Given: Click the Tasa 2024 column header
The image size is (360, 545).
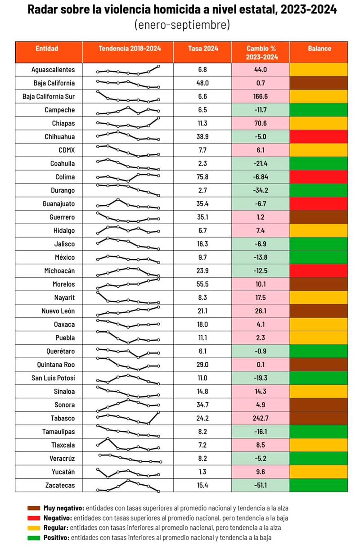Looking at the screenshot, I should [x=202, y=49].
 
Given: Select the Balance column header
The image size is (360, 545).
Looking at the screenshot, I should [x=319, y=49].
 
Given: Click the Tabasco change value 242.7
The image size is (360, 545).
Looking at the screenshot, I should [x=260, y=418].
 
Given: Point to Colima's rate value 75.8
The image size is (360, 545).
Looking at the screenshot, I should [x=202, y=177].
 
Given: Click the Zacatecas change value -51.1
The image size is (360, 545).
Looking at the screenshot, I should [x=260, y=485].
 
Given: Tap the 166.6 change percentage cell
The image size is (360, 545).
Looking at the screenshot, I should [x=260, y=96].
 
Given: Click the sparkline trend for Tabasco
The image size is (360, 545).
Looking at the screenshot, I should [x=128, y=417].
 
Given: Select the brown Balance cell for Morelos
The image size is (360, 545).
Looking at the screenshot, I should [x=319, y=284].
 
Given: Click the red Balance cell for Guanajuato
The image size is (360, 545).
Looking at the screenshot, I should [x=319, y=204].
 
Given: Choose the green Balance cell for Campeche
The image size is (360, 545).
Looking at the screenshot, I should [x=319, y=110].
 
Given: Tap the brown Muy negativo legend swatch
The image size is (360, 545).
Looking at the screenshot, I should [x=33, y=508].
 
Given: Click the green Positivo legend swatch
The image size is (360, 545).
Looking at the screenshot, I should [x=33, y=537].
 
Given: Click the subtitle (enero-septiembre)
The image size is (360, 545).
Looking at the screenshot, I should [x=182, y=25].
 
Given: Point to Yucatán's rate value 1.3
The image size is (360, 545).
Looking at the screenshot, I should [x=202, y=472].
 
